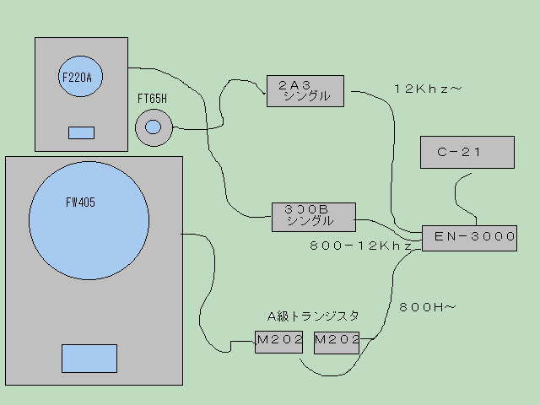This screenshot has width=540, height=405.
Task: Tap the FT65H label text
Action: coord(153,100)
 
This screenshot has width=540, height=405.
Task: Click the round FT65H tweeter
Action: coord(153,127)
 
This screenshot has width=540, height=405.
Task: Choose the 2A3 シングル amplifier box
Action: coord(305,90)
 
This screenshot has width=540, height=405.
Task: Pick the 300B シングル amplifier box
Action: coord(311,216)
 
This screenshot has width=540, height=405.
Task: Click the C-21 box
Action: coord(467,152)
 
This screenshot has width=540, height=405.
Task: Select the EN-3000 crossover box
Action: coord(468,237)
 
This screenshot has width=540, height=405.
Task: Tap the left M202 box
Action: coord(279,342)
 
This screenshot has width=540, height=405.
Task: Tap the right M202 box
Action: coord(337,342)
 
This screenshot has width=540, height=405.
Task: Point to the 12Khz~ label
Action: coord(428,89)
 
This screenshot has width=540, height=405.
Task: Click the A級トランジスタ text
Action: coord(313,316)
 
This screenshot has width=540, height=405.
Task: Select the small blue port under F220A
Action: coord(81,132)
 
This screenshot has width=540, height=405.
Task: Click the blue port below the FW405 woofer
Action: coord(89,358)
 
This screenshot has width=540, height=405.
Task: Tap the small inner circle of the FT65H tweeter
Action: coord(153,127)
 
